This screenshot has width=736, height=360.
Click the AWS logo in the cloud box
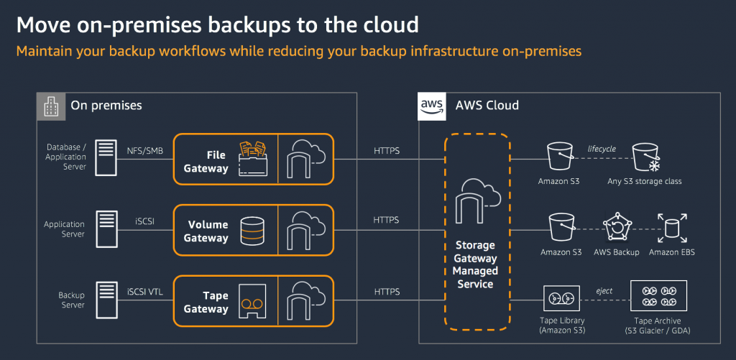point(432,106)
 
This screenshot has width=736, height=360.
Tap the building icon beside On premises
point(51,106)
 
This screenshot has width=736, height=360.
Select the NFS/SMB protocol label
point(145,151)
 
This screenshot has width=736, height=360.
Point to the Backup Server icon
point(106,300)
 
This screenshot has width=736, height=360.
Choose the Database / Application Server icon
point(106,157)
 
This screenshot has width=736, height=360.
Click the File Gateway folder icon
point(254,159)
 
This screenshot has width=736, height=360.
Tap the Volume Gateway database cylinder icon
point(249,230)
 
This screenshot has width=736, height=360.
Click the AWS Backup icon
point(615,228)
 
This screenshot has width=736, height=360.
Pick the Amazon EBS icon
point(672,228)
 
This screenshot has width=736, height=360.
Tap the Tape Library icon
point(561,298)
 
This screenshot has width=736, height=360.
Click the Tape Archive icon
point(658,296)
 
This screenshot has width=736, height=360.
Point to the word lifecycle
point(602,149)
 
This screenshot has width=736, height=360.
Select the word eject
point(604,291)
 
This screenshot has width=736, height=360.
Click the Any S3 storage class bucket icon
point(646,157)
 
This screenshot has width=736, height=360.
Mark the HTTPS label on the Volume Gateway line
point(386,220)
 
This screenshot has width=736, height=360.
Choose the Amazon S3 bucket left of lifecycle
point(560,157)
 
